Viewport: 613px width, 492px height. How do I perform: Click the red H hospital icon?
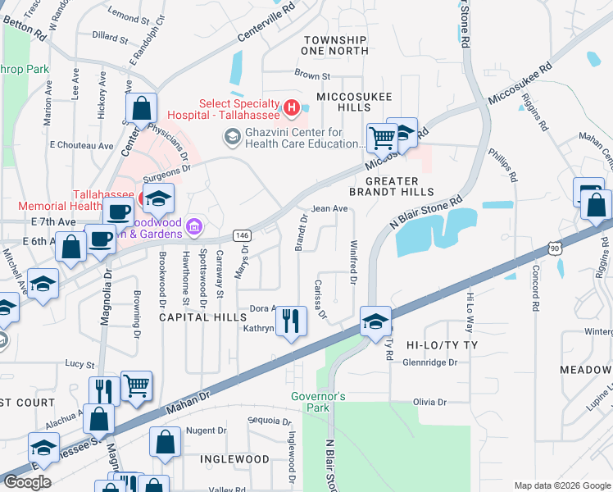tap(290, 107)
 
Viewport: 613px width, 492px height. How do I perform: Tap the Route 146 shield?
tap(242, 235)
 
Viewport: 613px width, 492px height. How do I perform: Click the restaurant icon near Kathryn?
tap(289, 319)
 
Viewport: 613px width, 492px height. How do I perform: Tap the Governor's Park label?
tap(320, 402)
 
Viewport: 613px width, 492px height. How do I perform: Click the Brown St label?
tap(312, 75)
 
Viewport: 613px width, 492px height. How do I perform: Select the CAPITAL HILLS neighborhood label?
tap(202, 317)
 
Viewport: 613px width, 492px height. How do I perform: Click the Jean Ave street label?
tap(330, 209)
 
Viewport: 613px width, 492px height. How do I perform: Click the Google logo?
tap(28, 482)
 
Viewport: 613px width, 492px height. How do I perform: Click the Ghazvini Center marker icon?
tap(231, 138)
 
